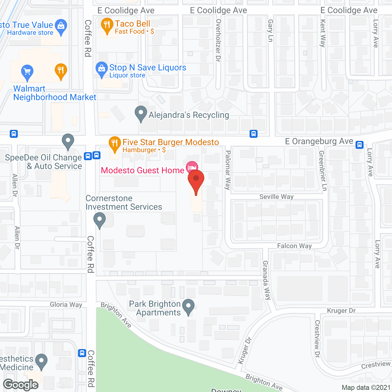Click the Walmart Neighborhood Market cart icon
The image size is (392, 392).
[x=27, y=72]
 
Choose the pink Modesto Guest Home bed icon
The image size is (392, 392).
[x=192, y=167]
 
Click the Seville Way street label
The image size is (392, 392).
[x=276, y=197]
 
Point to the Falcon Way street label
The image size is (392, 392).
[x=294, y=246]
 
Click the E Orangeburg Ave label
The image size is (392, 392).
[x=319, y=141]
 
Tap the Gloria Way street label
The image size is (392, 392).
[x=66, y=304]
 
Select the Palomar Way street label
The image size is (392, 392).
[x=228, y=170]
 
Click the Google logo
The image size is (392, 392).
[x=21, y=385]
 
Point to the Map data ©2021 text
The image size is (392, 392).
[x=366, y=387]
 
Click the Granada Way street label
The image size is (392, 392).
[x=266, y=280]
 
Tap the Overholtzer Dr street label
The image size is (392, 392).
[x=218, y=40]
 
